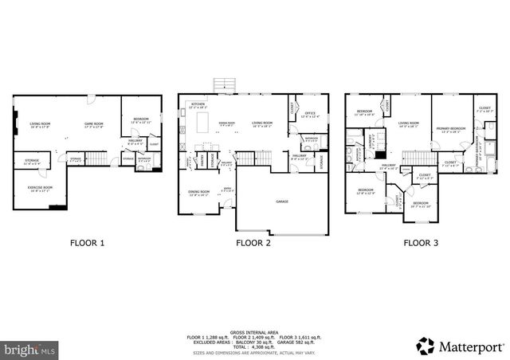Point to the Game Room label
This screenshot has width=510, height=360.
pyautogui.click(x=95, y=124)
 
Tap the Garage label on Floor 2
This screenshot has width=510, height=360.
pyautogui.click(x=282, y=202)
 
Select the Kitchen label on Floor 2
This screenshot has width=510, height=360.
pyautogui.click(x=198, y=105)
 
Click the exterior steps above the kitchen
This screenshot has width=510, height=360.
pyautogui.click(x=225, y=85)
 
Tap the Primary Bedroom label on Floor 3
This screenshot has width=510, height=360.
pyautogui.click(x=450, y=129)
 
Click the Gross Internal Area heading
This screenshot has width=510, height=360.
pyautogui.click(x=253, y=331)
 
